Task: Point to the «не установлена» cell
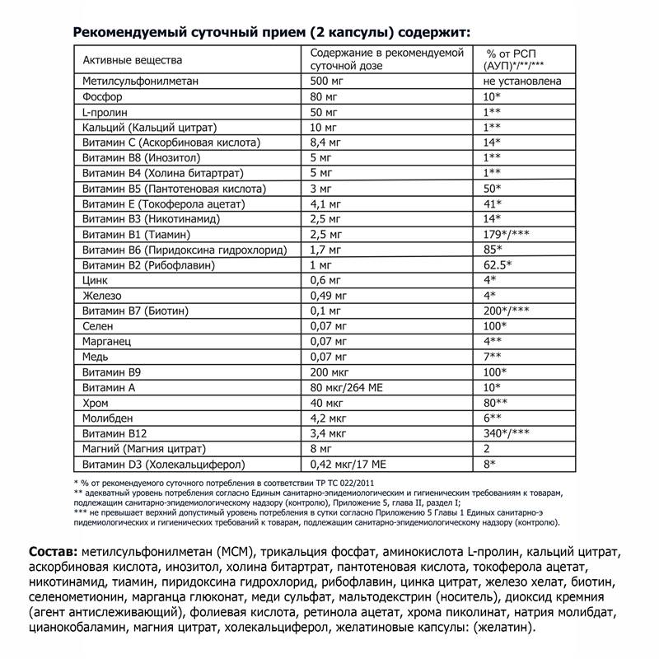pos(523,82)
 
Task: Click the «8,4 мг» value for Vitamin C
pos(325,143)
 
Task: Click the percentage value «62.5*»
pos(498,264)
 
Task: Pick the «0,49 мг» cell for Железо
pos(328,295)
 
